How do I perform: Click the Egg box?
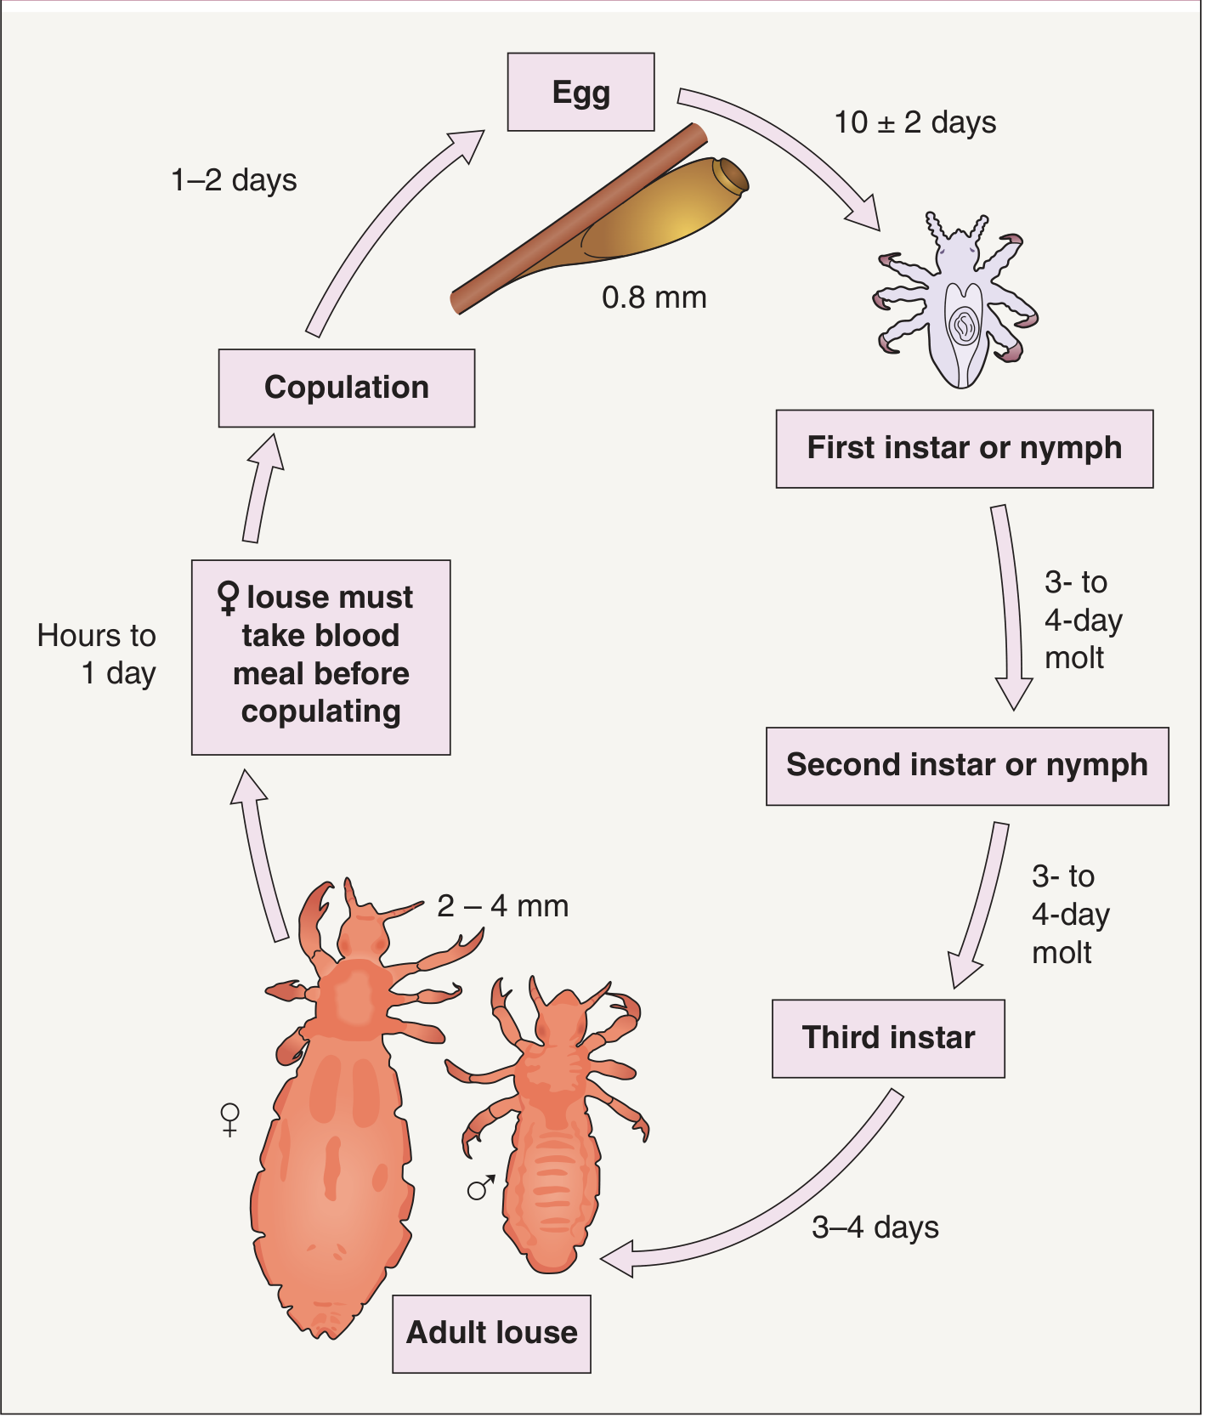pyautogui.click(x=581, y=92)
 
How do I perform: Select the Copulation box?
pyautogui.click(x=347, y=388)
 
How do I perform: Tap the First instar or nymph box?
pyautogui.click(x=965, y=449)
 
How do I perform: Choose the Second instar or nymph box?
pyautogui.click(x=967, y=766)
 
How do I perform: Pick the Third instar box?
pyautogui.click(x=888, y=1039)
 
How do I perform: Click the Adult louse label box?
pyautogui.click(x=491, y=1334)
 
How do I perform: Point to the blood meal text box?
pyautogui.click(x=321, y=657)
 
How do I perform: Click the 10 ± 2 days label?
pyautogui.click(x=915, y=122)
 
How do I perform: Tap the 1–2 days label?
pyautogui.click(x=234, y=180)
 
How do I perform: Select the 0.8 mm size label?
pyautogui.click(x=654, y=298)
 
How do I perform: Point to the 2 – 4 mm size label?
pyautogui.click(x=503, y=906)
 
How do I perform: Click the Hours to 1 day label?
pyautogui.click(x=97, y=654)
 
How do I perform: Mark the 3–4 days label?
pyautogui.click(x=875, y=1227)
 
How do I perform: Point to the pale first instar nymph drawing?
pyautogui.click(x=956, y=299)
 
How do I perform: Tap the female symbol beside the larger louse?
pyautogui.click(x=229, y=1120)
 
